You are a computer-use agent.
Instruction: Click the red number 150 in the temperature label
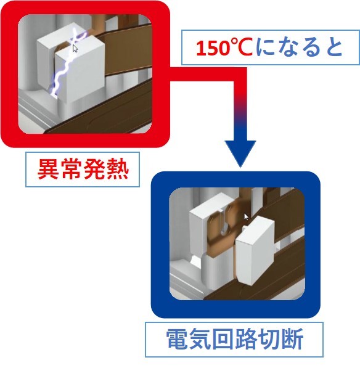click(x=212, y=48)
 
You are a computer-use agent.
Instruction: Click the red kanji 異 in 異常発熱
click(x=48, y=170)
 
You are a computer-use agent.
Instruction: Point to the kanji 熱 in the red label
click(x=118, y=170)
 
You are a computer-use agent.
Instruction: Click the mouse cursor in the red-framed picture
click(x=75, y=48)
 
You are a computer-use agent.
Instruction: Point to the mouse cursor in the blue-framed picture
click(x=246, y=217)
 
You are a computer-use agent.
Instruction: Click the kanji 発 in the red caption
click(x=94, y=170)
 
